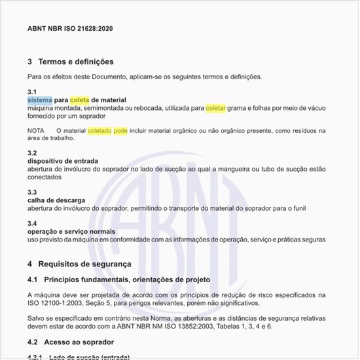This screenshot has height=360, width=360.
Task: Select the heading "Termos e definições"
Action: pos(76,62)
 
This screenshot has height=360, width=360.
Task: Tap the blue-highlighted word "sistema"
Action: pos(40,100)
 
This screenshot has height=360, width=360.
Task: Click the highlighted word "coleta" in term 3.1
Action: pos(79,100)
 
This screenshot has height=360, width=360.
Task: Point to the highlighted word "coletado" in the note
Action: pos(99,131)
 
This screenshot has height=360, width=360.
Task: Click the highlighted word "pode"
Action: pos(121,131)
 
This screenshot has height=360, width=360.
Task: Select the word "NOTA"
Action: pos(36,131)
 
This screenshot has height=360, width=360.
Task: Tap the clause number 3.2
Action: pos(32,153)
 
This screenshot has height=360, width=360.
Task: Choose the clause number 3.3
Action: pos(32,192)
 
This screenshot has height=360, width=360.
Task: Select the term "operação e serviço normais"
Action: pos(71,232)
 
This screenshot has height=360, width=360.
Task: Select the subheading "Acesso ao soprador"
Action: pos(79,342)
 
